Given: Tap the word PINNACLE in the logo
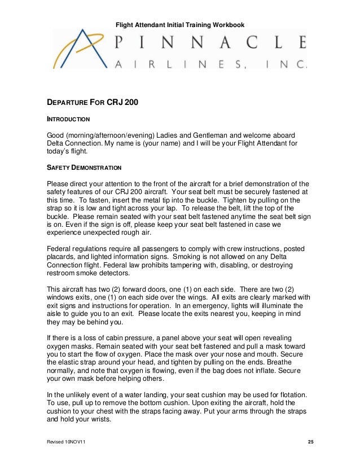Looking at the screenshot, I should tap(209, 42).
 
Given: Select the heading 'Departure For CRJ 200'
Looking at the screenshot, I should tap(92, 103).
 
